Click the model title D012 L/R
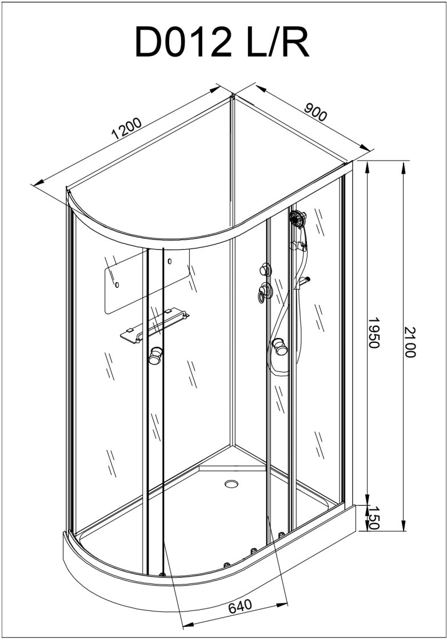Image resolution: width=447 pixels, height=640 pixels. click(222, 42)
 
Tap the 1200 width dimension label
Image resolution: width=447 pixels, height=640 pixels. click(126, 129)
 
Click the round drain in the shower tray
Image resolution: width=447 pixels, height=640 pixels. click(232, 484)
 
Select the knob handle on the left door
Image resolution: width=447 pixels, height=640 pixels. click(155, 355)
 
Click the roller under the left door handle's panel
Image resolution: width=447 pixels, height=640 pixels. click(162, 575)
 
